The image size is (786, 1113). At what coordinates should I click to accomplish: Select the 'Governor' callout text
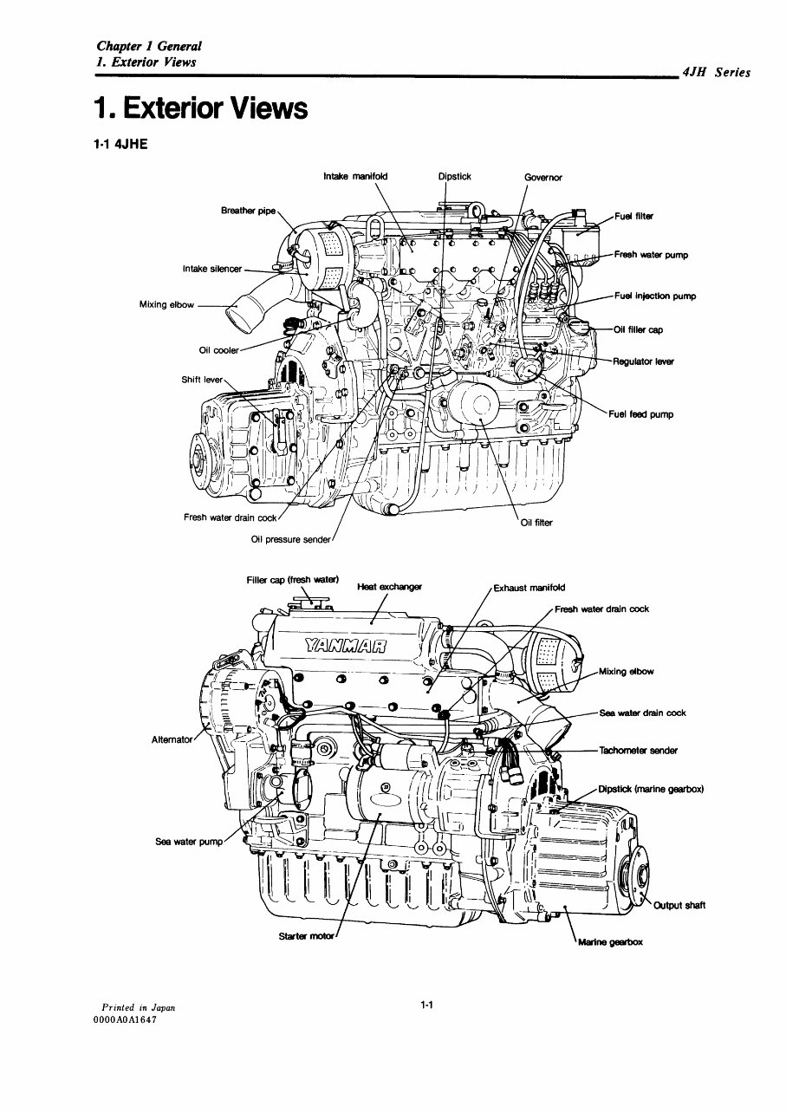(x=543, y=178)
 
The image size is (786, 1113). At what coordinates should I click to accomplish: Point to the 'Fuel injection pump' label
(x=654, y=296)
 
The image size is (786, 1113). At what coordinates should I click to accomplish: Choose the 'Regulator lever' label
(x=643, y=361)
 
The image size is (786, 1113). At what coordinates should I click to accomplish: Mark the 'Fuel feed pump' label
(x=640, y=414)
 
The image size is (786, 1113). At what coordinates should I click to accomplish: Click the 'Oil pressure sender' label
(x=290, y=539)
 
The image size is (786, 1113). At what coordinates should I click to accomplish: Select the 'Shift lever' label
(x=202, y=380)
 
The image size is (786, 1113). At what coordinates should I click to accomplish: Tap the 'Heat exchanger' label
(x=389, y=587)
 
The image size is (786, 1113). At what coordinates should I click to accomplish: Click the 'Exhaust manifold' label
(x=529, y=588)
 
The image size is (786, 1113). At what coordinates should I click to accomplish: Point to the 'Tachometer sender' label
(x=638, y=751)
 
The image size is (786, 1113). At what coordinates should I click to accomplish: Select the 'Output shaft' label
(x=679, y=906)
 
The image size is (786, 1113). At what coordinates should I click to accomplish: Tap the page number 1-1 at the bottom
(x=425, y=1006)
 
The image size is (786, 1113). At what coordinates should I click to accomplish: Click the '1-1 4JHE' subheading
(x=120, y=145)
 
